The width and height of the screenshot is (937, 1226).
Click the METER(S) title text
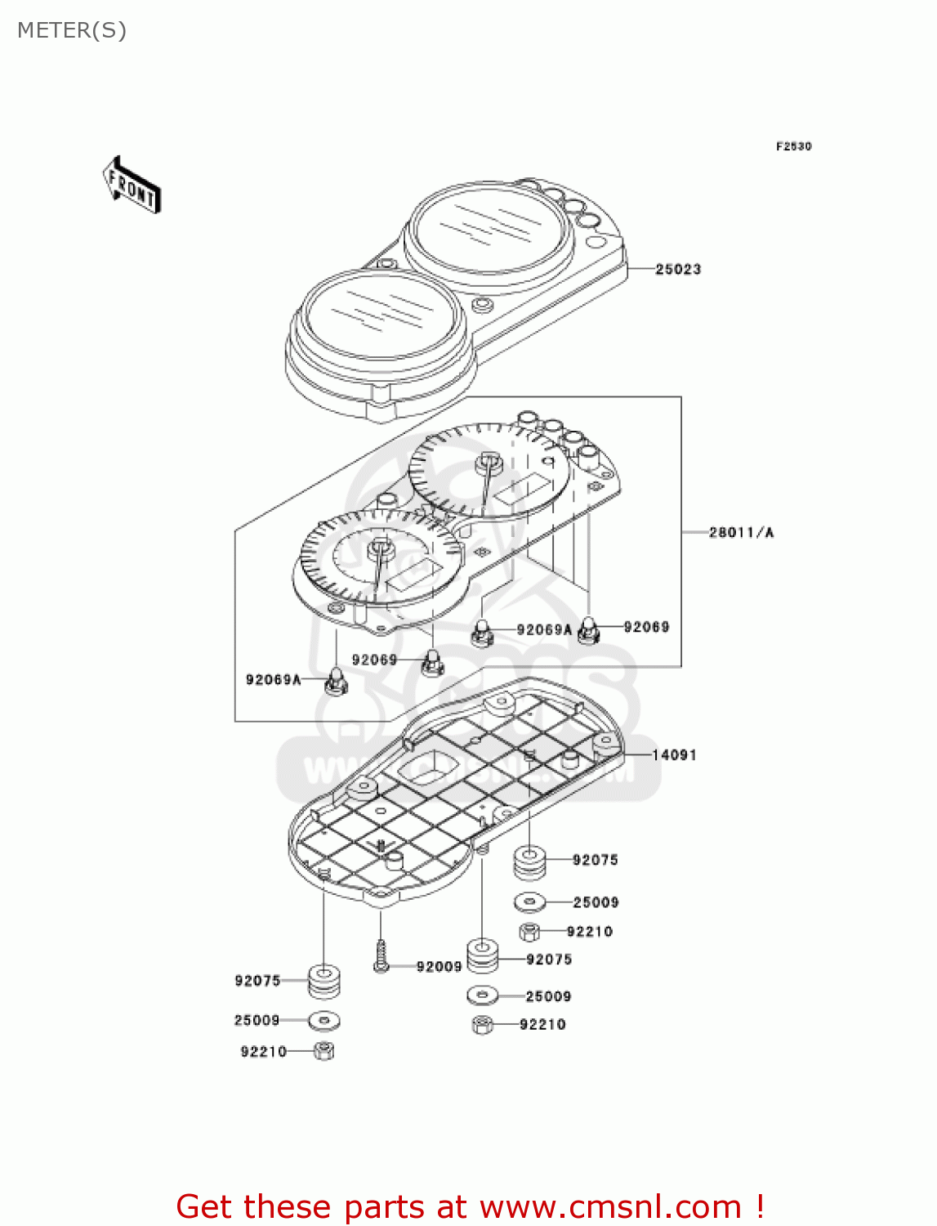[72, 30]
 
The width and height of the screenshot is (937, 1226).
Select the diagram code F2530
[793, 146]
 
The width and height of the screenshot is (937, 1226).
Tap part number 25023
[678, 269]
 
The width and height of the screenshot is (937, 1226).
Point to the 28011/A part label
[741, 532]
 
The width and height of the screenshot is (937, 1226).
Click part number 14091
[674, 754]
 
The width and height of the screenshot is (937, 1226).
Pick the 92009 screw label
[439, 967]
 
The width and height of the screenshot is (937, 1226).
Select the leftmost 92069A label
[273, 679]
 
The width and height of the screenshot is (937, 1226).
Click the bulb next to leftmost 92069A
[335, 681]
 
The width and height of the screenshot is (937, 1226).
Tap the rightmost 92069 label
[646, 627]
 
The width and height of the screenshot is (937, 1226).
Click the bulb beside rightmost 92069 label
[588, 630]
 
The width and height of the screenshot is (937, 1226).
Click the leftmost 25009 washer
[324, 1021]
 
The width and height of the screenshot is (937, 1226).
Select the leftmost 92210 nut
[323, 1051]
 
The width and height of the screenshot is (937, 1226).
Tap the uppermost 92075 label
[595, 860]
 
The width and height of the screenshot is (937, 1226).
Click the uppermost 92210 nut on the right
[529, 931]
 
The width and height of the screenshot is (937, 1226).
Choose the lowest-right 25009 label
[548, 996]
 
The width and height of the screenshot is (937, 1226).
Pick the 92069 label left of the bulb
[374, 660]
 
